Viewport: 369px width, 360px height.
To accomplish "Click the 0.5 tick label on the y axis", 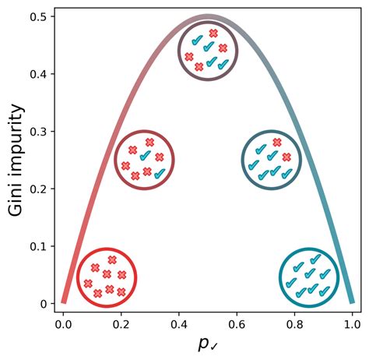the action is click(38, 17).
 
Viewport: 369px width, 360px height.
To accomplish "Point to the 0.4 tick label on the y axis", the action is click(38, 74).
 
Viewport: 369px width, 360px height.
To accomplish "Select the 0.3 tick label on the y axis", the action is click(38, 132).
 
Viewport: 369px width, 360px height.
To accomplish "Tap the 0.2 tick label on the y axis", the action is click(38, 189).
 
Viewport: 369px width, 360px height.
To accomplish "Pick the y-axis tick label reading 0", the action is click(44, 304).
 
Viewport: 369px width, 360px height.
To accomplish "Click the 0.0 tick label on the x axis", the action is click(63, 324).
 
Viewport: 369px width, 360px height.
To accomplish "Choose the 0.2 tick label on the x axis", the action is click(121, 324).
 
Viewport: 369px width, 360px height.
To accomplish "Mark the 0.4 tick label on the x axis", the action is click(179, 324).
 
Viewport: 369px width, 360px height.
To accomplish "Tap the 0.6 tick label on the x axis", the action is click(237, 324).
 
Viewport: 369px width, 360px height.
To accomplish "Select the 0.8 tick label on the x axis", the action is click(294, 324).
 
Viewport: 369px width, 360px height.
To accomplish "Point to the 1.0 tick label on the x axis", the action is click(352, 324).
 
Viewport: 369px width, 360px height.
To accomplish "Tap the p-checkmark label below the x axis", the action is click(208, 344).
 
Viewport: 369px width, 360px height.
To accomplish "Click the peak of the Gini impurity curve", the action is click(208, 17).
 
